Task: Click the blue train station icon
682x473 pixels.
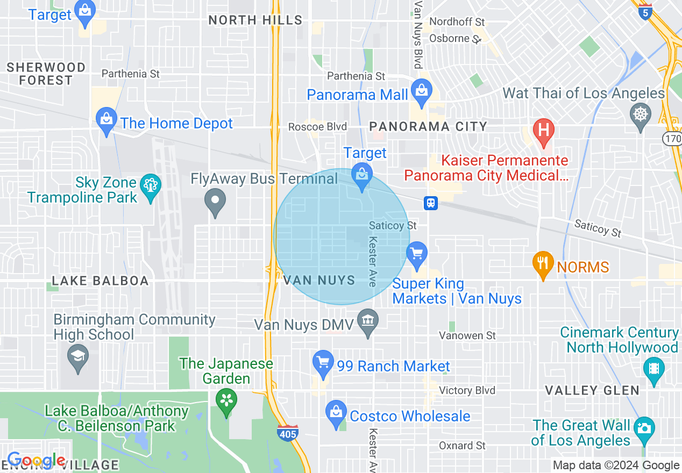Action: click(x=431, y=203)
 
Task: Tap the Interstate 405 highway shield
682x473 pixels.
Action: click(x=289, y=432)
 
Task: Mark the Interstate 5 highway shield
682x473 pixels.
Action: click(x=645, y=12)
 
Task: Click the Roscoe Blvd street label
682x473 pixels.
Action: click(x=317, y=127)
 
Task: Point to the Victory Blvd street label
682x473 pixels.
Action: click(x=467, y=390)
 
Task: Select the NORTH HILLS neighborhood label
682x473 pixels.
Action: click(x=255, y=20)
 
